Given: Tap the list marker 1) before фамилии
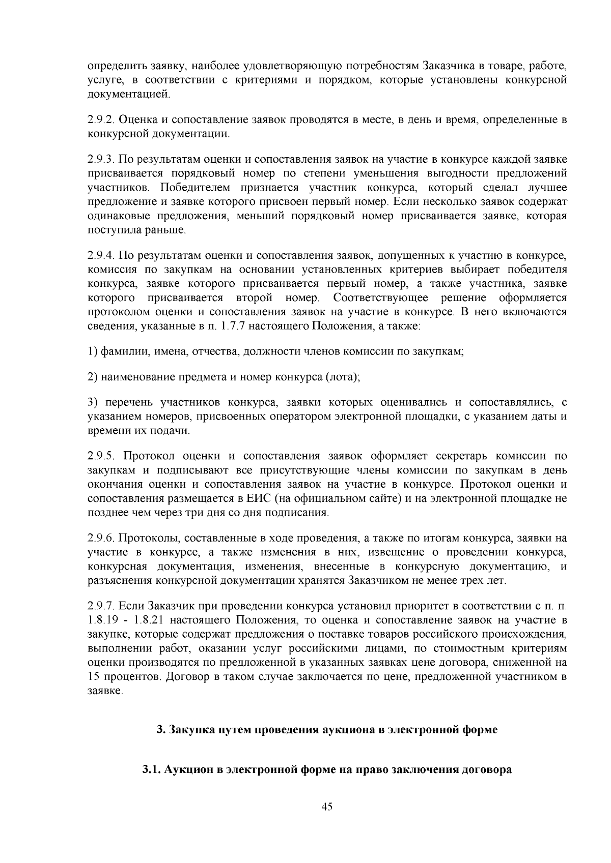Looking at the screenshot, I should (x=93, y=351).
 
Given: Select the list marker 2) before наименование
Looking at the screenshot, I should (x=93, y=377).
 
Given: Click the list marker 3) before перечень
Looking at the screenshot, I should (x=93, y=403).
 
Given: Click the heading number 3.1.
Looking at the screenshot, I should (x=151, y=770).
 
